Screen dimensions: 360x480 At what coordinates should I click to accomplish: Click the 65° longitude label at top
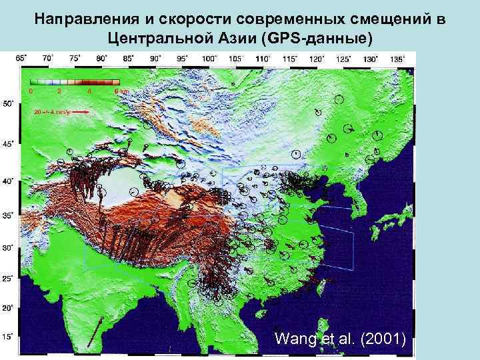[22, 58]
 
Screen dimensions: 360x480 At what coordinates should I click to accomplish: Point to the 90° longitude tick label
[155, 59]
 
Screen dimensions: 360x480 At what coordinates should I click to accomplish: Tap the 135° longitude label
[397, 59]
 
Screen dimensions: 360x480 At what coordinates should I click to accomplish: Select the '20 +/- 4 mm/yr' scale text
[51, 113]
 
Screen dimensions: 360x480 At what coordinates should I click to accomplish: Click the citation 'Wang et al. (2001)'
[339, 339]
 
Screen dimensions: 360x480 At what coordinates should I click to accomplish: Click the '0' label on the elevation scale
[30, 91]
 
